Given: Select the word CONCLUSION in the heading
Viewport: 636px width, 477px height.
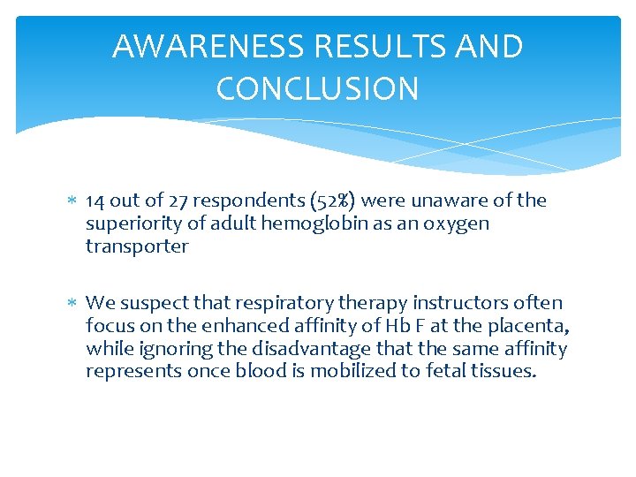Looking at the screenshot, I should click(x=317, y=88).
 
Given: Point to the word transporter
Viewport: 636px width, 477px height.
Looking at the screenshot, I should click(x=137, y=246).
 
